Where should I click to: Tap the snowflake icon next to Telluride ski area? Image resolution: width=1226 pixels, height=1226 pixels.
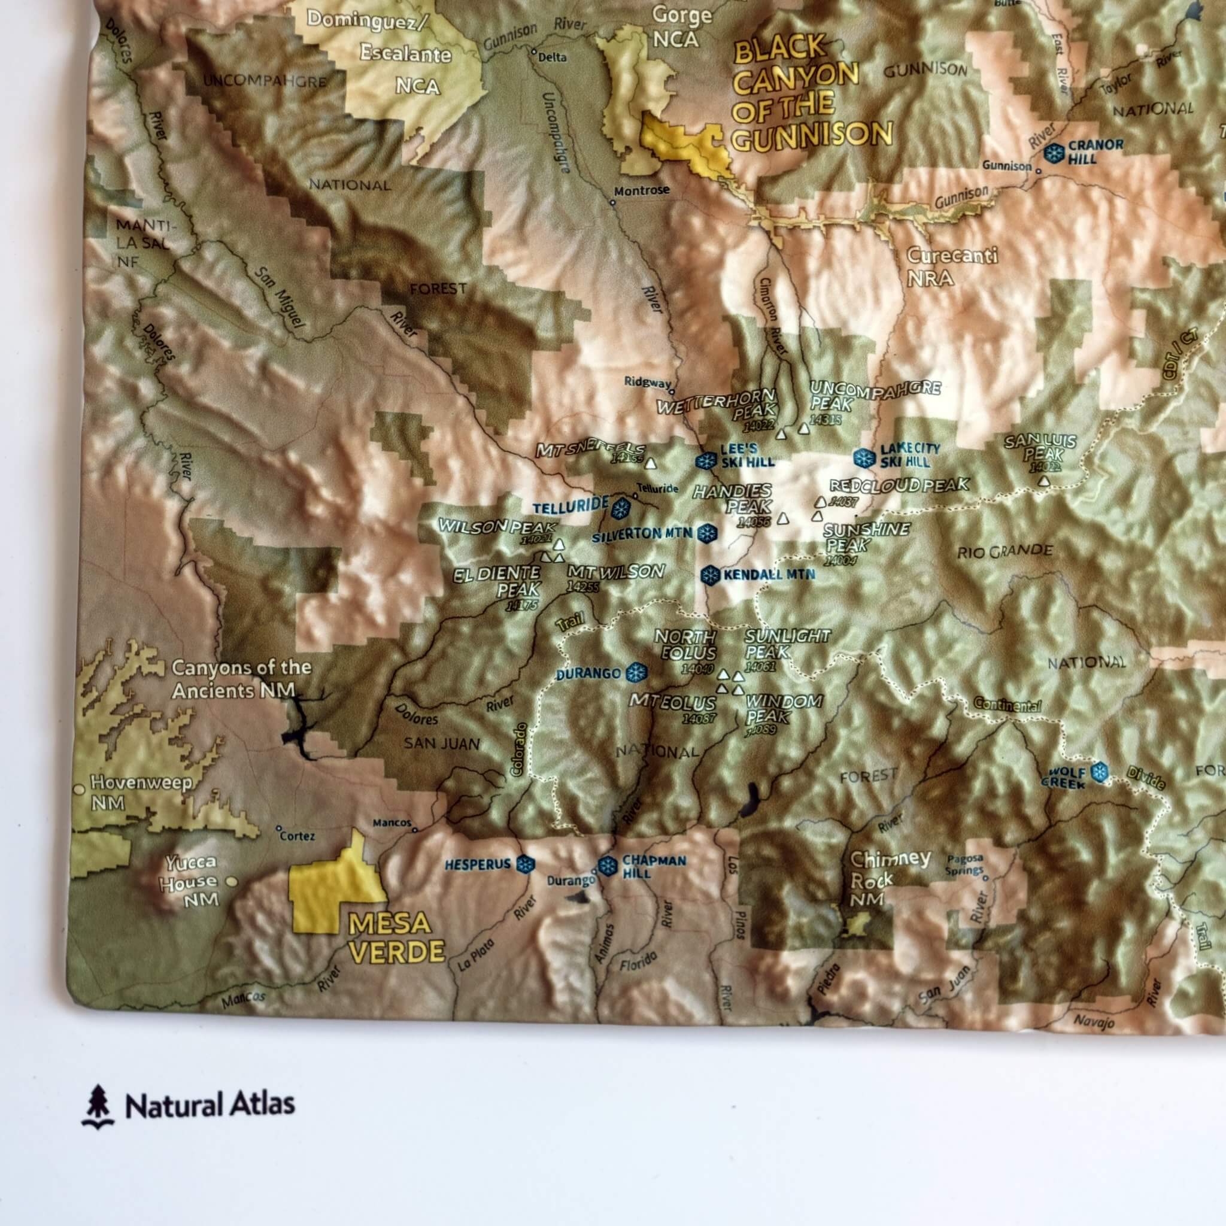click(x=620, y=506)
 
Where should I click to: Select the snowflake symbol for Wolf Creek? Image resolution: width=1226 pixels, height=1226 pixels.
click(x=1098, y=772)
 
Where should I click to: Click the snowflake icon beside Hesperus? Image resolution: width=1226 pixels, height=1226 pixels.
click(x=524, y=864)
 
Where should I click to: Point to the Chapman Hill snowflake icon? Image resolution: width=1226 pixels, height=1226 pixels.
click(x=607, y=865)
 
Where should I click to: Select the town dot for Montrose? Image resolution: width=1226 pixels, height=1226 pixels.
click(x=612, y=204)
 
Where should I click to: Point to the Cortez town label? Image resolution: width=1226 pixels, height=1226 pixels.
click(x=298, y=836)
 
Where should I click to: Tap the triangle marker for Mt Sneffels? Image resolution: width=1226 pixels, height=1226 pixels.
click(x=649, y=463)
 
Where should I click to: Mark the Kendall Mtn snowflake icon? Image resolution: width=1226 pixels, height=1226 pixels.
click(x=709, y=575)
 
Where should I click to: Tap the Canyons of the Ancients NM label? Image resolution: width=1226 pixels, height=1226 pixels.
click(x=241, y=679)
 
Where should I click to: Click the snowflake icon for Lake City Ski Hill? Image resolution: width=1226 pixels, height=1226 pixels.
click(x=864, y=457)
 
